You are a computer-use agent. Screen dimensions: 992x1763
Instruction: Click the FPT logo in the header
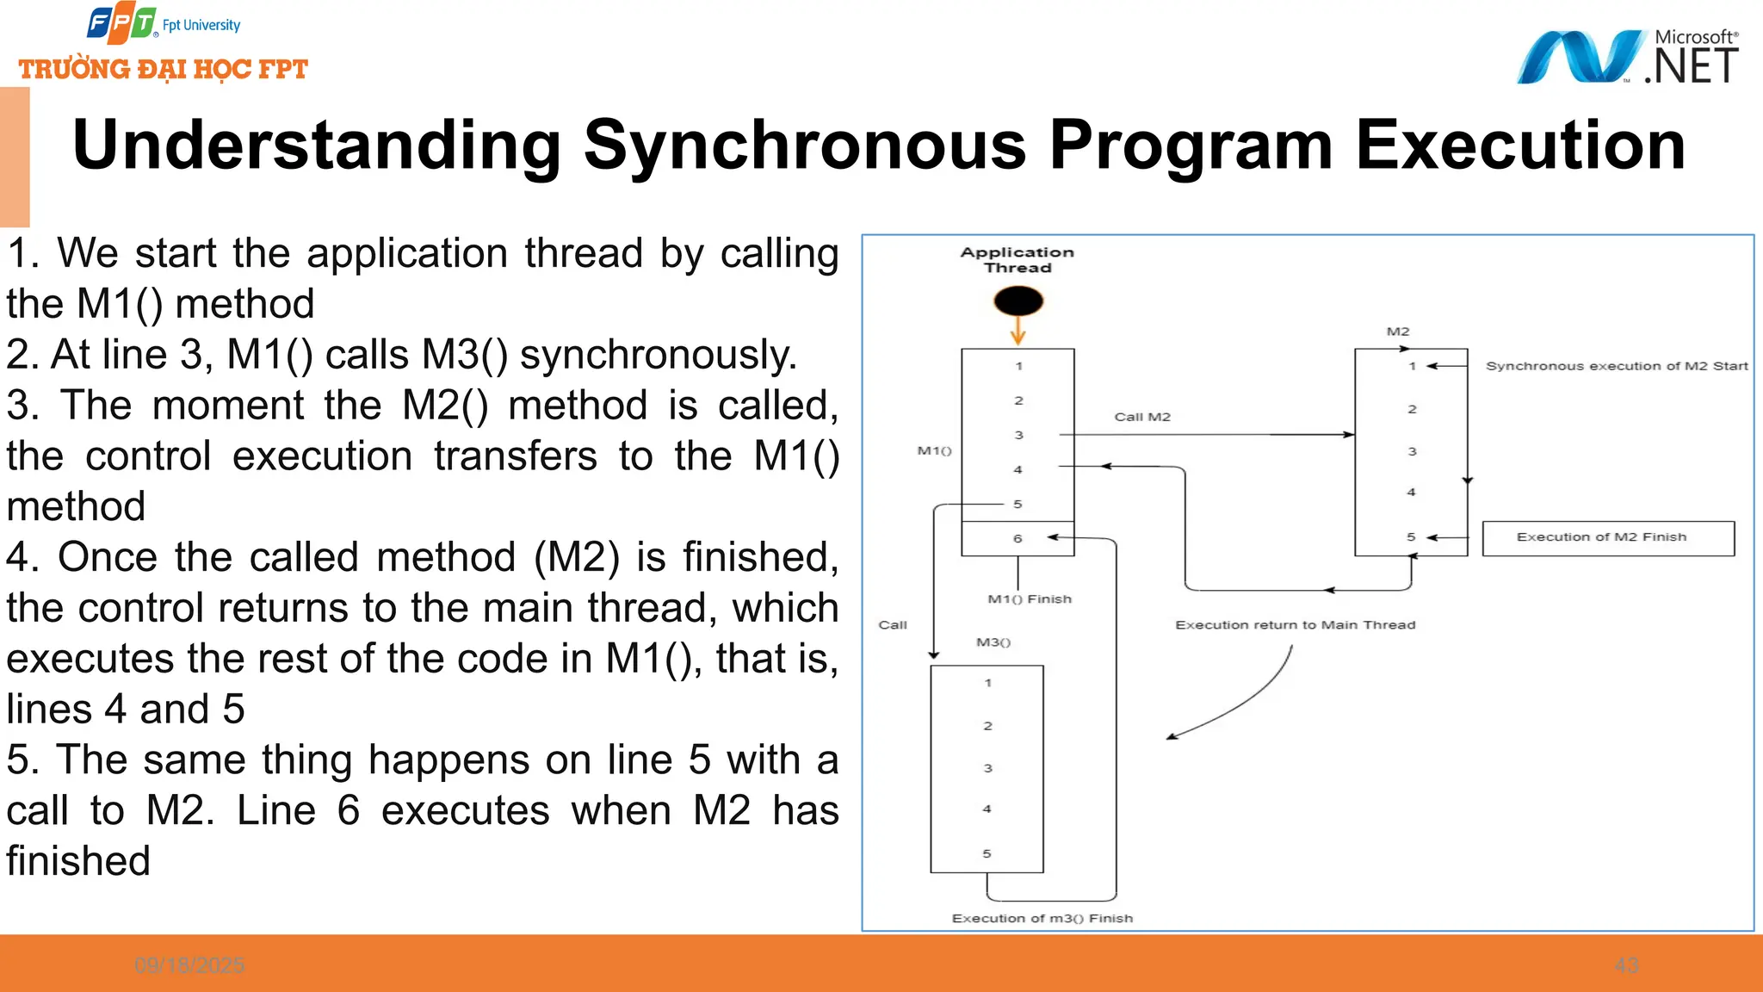tap(121, 23)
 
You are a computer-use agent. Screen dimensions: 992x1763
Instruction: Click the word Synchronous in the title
tap(805, 145)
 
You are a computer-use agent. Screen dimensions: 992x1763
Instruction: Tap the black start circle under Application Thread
tap(1018, 301)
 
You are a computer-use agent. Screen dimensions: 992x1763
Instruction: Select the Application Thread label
tap(1018, 259)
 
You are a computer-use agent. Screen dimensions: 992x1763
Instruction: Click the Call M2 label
tap(1142, 417)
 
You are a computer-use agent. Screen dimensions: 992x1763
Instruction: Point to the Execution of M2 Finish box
tap(1607, 538)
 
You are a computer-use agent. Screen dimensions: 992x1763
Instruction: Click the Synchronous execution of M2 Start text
tap(1616, 366)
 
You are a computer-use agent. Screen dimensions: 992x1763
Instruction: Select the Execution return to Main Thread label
tap(1295, 625)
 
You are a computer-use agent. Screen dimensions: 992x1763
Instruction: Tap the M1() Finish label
tap(1030, 599)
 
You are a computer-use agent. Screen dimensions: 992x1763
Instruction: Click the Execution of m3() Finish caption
tap(1042, 919)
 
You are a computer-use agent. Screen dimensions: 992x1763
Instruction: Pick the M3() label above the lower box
tap(993, 642)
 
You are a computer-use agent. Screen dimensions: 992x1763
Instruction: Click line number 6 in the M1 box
tap(1018, 539)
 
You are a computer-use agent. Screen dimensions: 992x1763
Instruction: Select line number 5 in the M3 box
tap(987, 853)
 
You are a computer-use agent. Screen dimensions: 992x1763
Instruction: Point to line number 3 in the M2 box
tap(1412, 451)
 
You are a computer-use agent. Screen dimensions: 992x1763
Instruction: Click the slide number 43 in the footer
tap(1626, 965)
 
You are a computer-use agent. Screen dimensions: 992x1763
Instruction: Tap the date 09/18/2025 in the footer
tap(189, 965)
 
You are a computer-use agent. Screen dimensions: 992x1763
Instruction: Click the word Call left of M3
tap(893, 625)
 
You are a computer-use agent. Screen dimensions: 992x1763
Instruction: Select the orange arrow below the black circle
tap(1018, 331)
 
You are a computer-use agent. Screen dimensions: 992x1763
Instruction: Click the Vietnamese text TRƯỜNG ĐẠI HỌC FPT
tap(164, 69)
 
